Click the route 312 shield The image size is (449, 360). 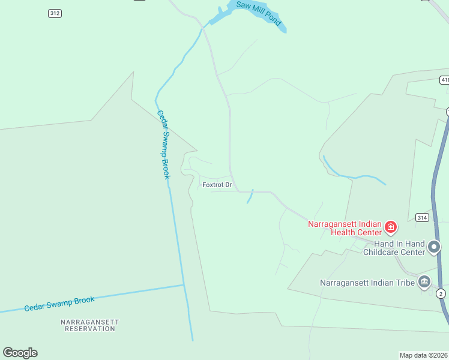click(55, 13)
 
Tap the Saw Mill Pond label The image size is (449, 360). click(259, 13)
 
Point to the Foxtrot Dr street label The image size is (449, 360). click(217, 185)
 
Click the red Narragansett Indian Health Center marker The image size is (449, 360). click(391, 227)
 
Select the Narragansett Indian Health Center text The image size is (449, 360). click(345, 228)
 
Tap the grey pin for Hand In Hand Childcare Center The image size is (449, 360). click(434, 247)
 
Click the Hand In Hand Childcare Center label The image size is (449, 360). click(399, 248)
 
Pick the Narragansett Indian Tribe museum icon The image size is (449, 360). click(424, 281)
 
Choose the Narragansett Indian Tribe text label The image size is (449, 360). click(367, 282)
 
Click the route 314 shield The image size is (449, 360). click(422, 217)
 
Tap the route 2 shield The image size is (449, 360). click(441, 293)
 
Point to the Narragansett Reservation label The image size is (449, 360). click(90, 325)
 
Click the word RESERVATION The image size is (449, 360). click(90, 329)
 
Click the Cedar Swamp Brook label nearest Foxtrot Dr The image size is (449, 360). click(164, 144)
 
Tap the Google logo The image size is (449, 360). click(20, 353)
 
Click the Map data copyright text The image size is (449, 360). click(424, 355)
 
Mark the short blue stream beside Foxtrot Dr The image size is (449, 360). click(250, 196)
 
